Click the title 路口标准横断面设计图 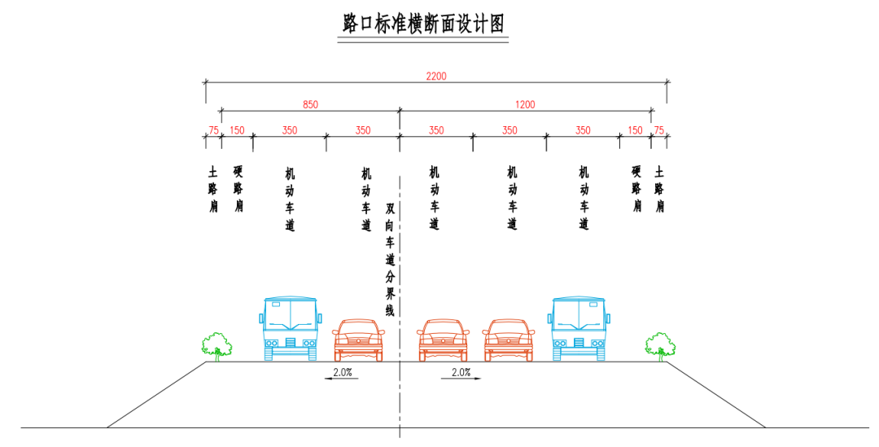pos(423,24)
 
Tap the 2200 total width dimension pos(436,76)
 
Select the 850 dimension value pos(310,104)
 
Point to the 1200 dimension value pos(525,104)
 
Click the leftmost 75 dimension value pos(213,130)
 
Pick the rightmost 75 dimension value pos(659,130)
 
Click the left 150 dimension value pos(237,130)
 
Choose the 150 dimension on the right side pos(635,130)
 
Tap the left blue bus pos(291,329)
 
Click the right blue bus pos(579,329)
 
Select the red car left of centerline pos(359,340)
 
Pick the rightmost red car pos(509,340)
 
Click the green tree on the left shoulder pos(217,346)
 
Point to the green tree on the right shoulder pos(660,346)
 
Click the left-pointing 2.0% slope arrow pos(341,379)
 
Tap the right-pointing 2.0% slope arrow pos(461,379)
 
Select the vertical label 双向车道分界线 pos(390,259)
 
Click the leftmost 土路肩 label pos(213,188)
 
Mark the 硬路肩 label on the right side pos(636,188)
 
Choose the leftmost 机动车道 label pos(290,199)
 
